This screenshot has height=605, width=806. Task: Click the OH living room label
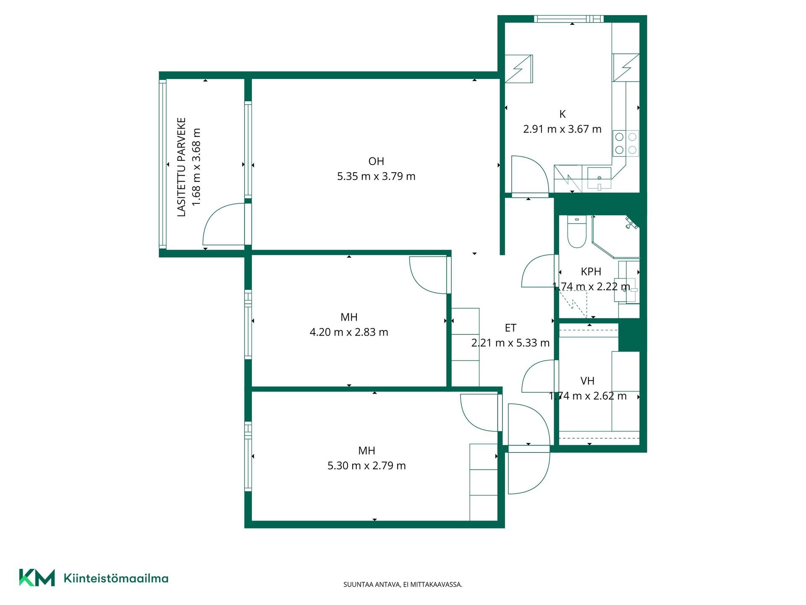[376, 161]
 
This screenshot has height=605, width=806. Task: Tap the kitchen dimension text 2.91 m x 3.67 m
[562, 129]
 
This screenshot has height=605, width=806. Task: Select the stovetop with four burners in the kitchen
[625, 143]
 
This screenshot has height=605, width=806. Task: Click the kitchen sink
[599, 178]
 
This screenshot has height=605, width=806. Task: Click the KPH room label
[591, 272]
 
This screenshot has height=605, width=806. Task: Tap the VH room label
[587, 381]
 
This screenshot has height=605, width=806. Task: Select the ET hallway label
[510, 328]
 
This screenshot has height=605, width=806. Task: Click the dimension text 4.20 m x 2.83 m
[349, 332]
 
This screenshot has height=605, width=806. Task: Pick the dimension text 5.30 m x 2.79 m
[366, 466]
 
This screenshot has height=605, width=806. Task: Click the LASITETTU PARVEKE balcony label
[181, 167]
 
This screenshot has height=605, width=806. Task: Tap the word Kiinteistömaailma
[116, 578]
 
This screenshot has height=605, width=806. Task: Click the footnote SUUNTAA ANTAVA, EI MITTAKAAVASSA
[403, 584]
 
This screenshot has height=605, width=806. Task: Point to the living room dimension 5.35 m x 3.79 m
[376, 176]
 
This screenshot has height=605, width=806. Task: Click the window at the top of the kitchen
[569, 19]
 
